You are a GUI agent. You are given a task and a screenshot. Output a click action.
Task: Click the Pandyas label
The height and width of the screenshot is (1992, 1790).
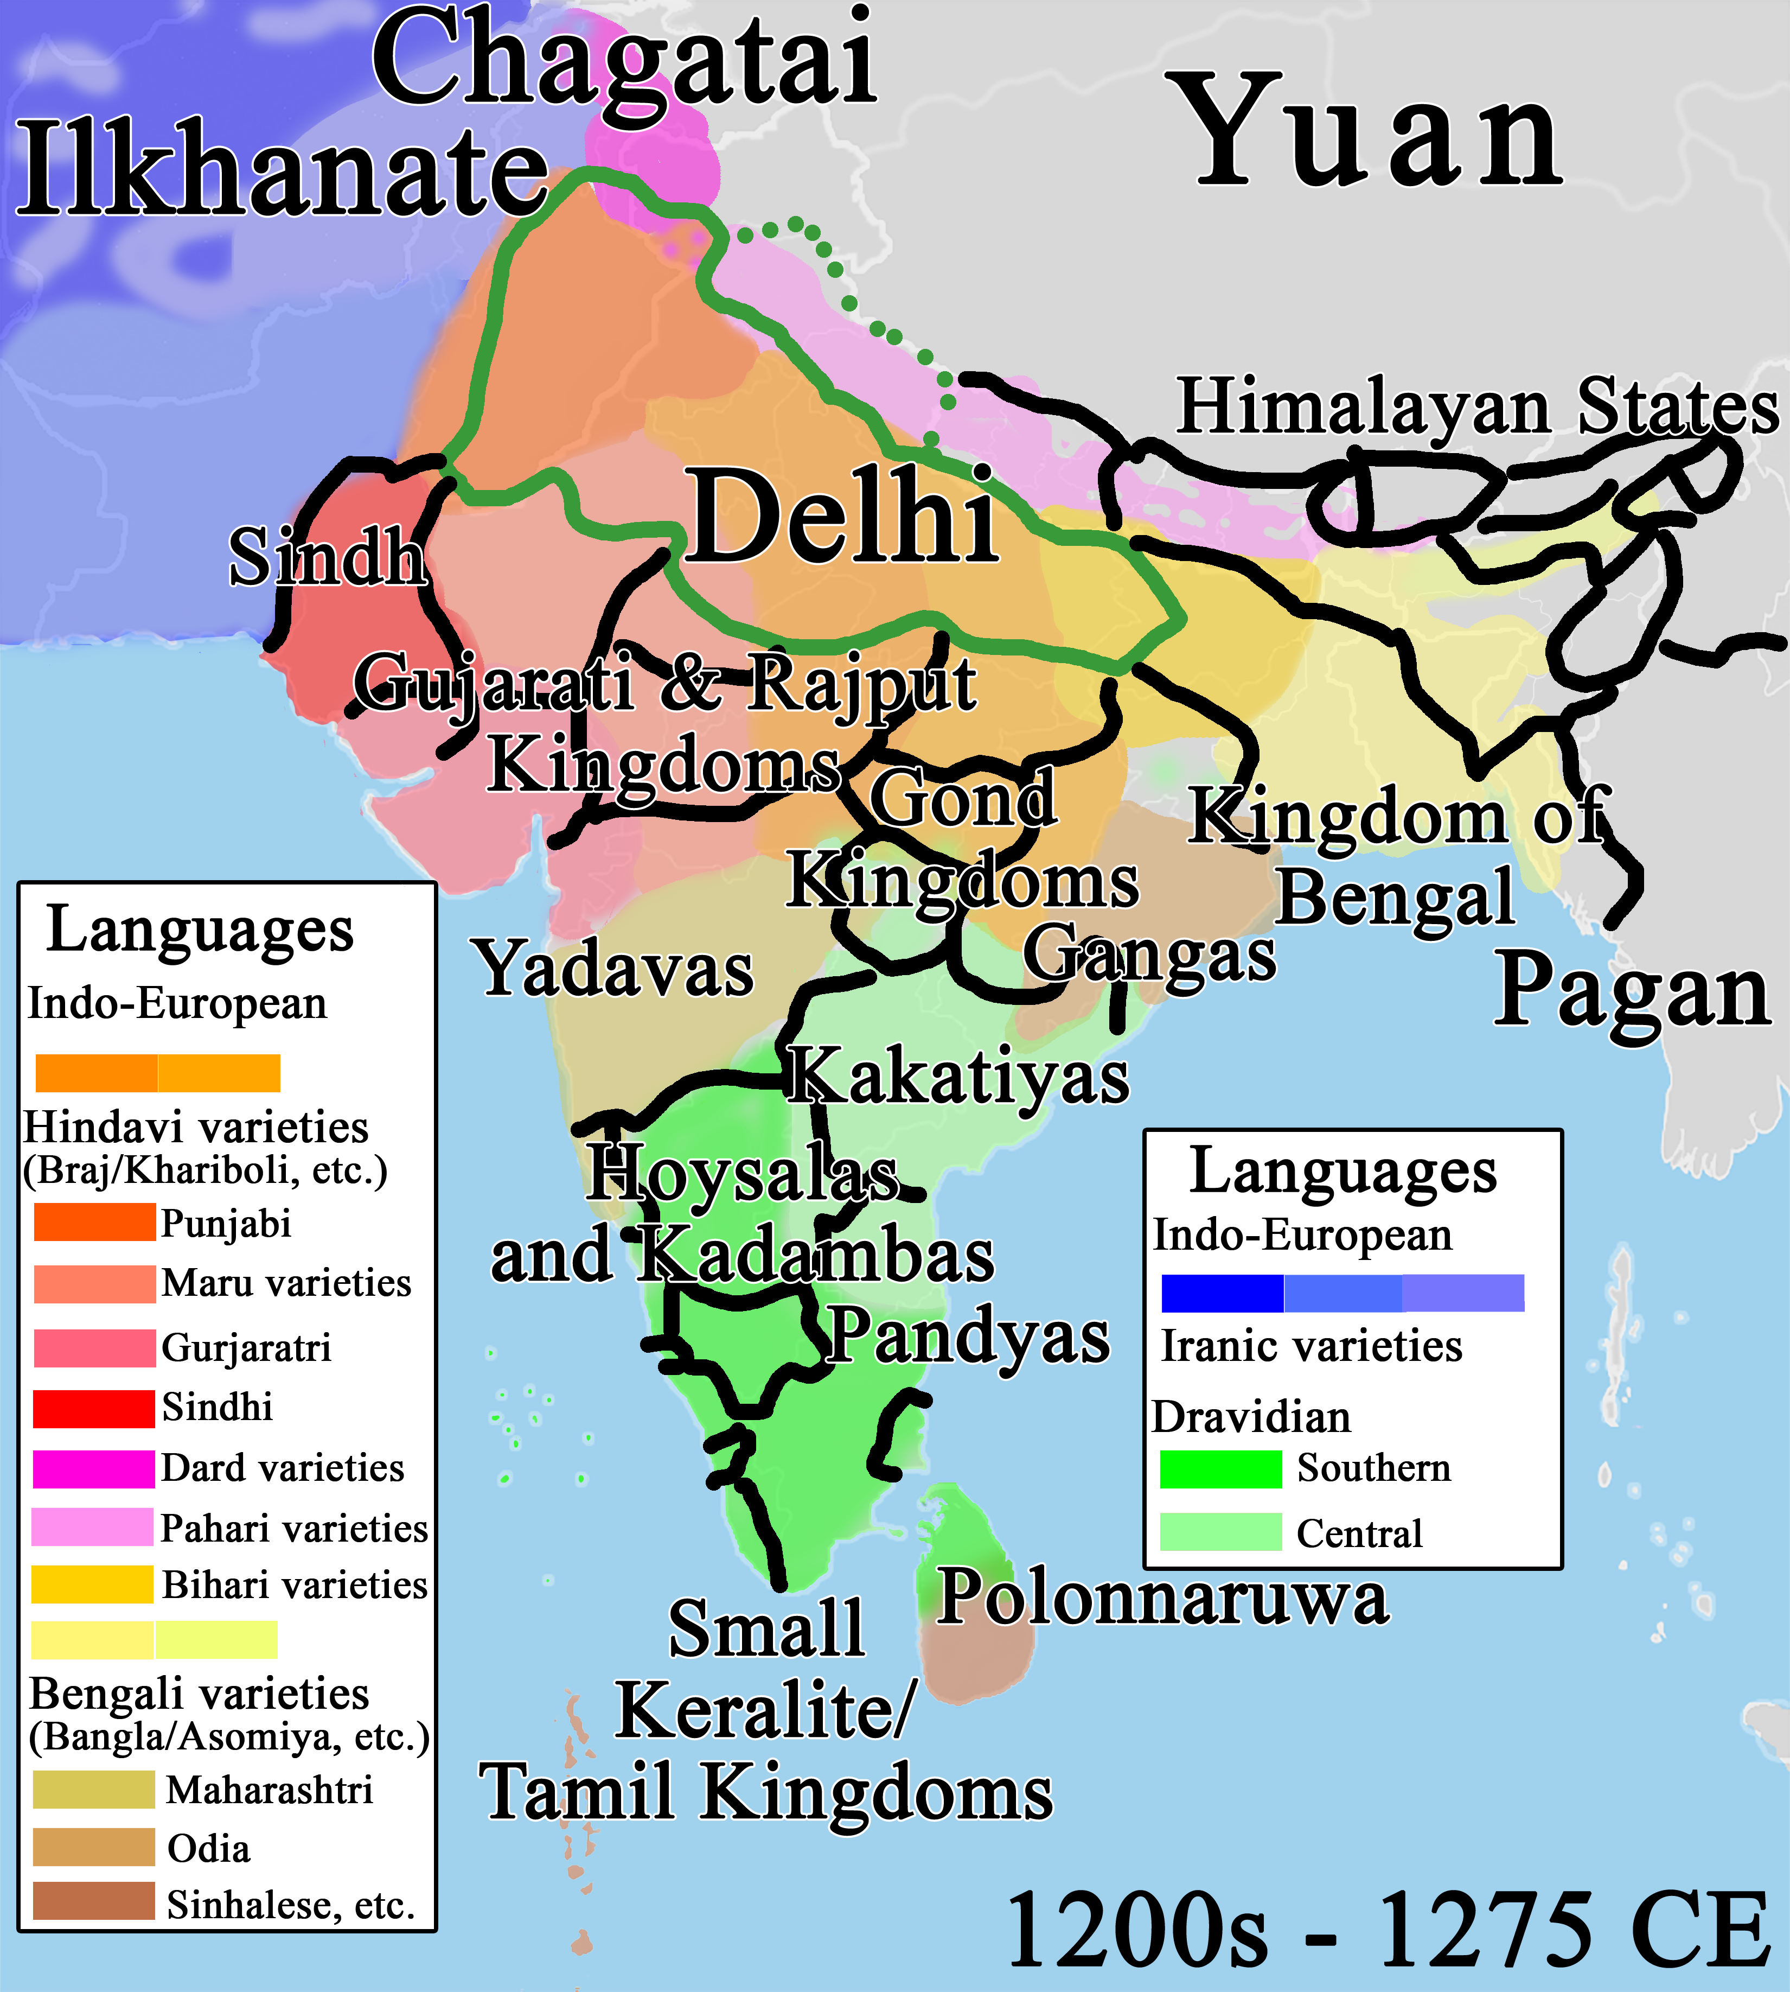click(x=969, y=1336)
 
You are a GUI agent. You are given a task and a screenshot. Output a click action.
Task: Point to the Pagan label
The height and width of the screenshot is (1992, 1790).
click(x=1631, y=991)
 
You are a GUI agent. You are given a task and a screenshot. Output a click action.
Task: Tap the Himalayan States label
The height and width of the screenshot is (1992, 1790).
click(x=1477, y=406)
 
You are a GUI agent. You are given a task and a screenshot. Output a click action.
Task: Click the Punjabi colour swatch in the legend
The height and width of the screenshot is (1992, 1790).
click(x=94, y=1222)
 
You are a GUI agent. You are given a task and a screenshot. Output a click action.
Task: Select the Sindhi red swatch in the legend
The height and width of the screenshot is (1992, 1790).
click(x=94, y=1408)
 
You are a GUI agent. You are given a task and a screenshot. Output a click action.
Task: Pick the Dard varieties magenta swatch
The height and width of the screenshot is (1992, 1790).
click(x=94, y=1468)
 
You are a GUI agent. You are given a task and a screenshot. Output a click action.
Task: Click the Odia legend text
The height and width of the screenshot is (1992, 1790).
click(x=208, y=1848)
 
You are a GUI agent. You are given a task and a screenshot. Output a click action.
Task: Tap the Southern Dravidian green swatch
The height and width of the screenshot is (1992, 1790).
click(x=1220, y=1469)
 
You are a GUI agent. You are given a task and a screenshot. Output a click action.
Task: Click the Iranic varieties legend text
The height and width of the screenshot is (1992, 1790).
click(x=1311, y=1346)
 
